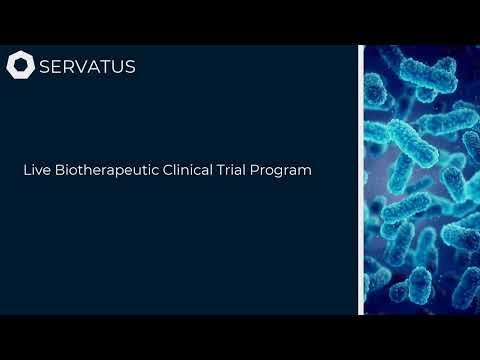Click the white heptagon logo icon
(20, 67)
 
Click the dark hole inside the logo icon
(20, 67)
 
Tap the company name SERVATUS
(87, 67)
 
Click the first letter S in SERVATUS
(45, 67)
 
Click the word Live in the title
(36, 170)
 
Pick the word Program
(285, 171)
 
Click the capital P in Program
(262, 170)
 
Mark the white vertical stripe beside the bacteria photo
(360, 180)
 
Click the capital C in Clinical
(168, 170)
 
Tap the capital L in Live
(27, 170)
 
